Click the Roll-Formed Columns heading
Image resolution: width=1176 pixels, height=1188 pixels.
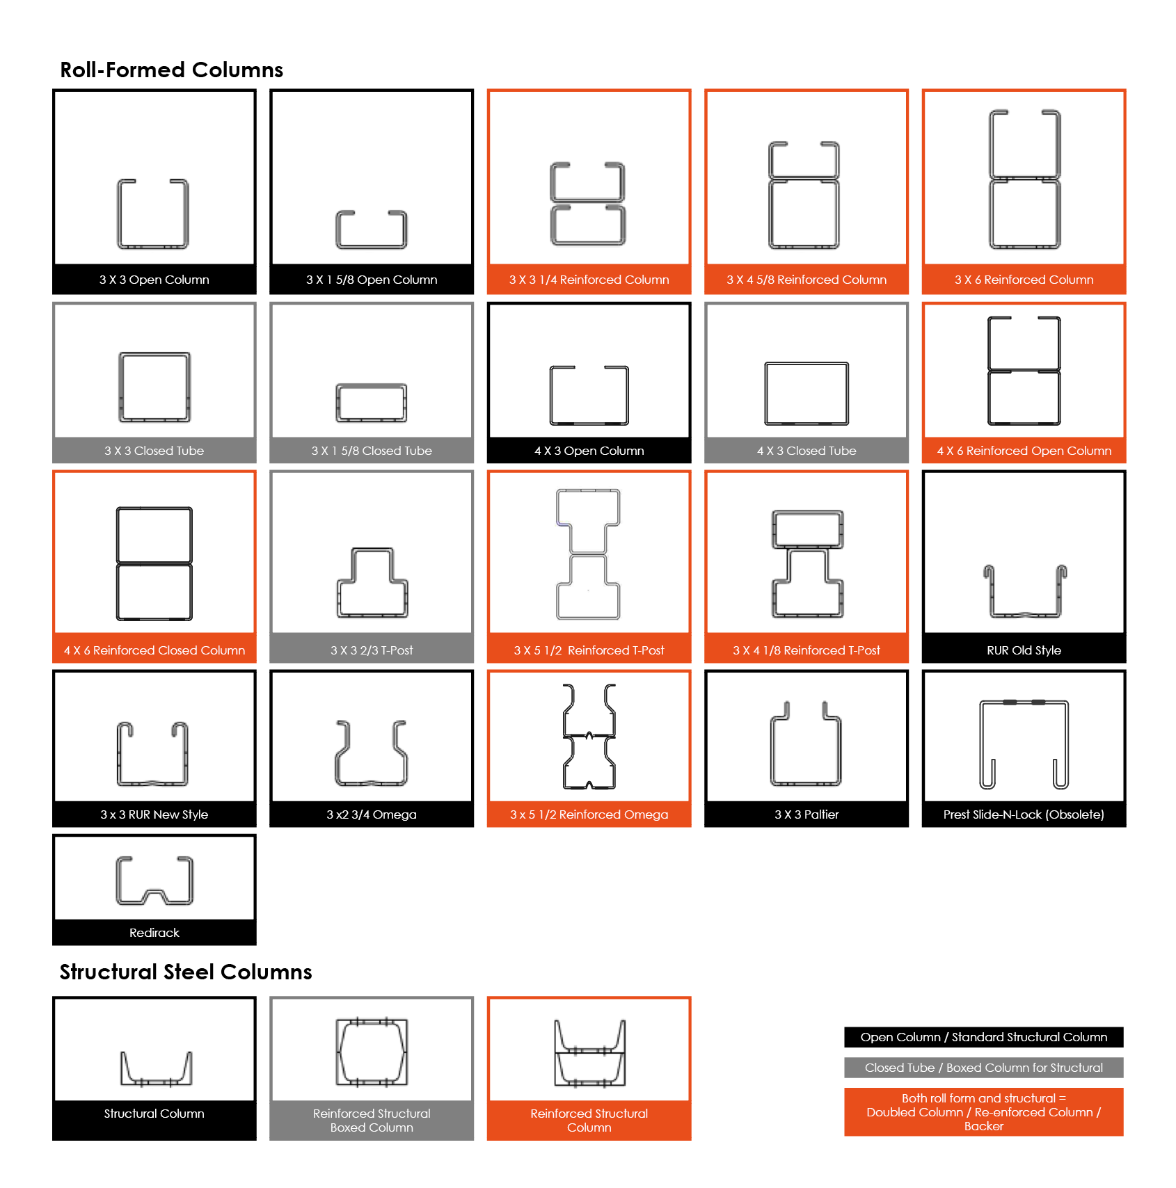click(171, 70)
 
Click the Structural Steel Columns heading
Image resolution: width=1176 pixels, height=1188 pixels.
click(186, 972)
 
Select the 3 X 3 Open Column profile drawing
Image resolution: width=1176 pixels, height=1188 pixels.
click(118, 214)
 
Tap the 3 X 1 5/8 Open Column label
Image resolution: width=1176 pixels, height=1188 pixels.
click(372, 280)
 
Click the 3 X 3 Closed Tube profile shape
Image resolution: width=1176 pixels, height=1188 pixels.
click(120, 387)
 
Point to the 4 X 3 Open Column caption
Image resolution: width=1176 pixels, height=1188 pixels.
click(589, 451)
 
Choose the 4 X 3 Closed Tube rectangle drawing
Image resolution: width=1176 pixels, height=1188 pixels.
click(765, 393)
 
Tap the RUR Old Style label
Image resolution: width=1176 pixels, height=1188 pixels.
click(1024, 650)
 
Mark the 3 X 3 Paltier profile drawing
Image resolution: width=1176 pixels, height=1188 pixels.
click(772, 751)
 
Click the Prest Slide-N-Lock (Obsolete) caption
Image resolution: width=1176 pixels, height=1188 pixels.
click(1024, 814)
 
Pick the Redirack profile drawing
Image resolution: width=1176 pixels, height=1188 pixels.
click(118, 881)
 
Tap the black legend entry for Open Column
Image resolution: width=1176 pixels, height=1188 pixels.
click(984, 1037)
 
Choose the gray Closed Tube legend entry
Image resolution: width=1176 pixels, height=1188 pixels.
click(984, 1068)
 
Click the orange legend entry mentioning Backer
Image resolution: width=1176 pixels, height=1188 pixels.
click(984, 1112)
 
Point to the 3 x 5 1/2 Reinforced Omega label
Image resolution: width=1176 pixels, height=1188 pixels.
click(589, 814)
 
